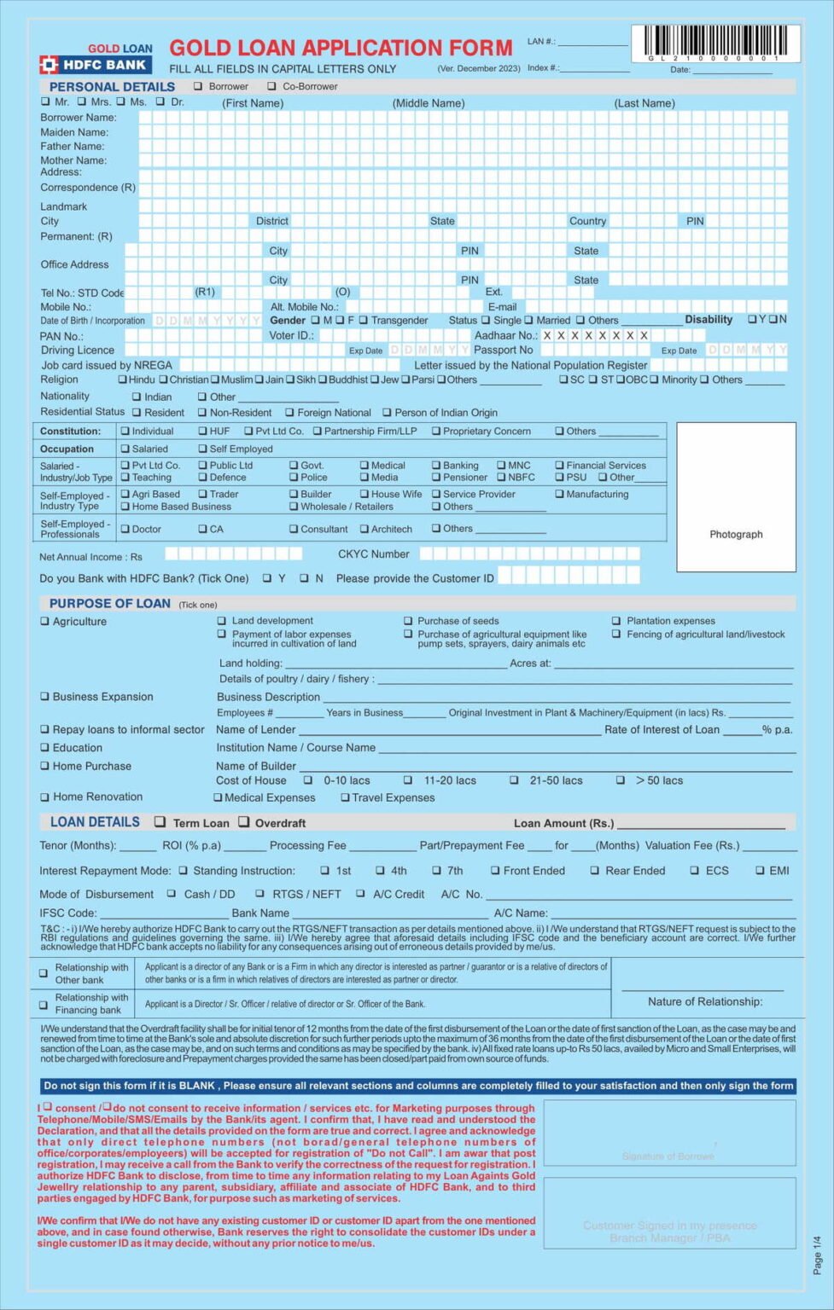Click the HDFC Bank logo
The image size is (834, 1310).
coord(95,64)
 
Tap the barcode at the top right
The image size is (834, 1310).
coord(715,43)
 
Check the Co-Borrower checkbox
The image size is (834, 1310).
coord(271,86)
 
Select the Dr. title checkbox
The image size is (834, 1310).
coord(160,101)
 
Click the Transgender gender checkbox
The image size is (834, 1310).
coord(363,321)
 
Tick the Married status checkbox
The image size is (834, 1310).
coord(528,321)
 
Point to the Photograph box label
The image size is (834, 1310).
coord(736,535)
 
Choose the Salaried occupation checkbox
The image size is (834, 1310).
coord(125,449)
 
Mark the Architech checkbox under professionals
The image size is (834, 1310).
coord(365,529)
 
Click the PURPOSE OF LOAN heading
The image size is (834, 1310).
coord(109,603)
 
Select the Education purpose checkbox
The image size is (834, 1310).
coord(44,748)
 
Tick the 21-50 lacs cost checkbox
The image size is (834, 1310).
coord(514,780)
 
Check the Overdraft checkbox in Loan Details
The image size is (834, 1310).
coord(244,822)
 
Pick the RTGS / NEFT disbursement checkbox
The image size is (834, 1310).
coord(260,894)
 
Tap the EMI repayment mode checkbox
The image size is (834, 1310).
coord(760,871)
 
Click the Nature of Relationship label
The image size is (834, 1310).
coord(704,1001)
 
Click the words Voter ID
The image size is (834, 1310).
coord(291,336)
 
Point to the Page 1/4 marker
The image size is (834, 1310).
coord(817,1254)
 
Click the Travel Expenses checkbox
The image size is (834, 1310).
coord(345,798)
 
